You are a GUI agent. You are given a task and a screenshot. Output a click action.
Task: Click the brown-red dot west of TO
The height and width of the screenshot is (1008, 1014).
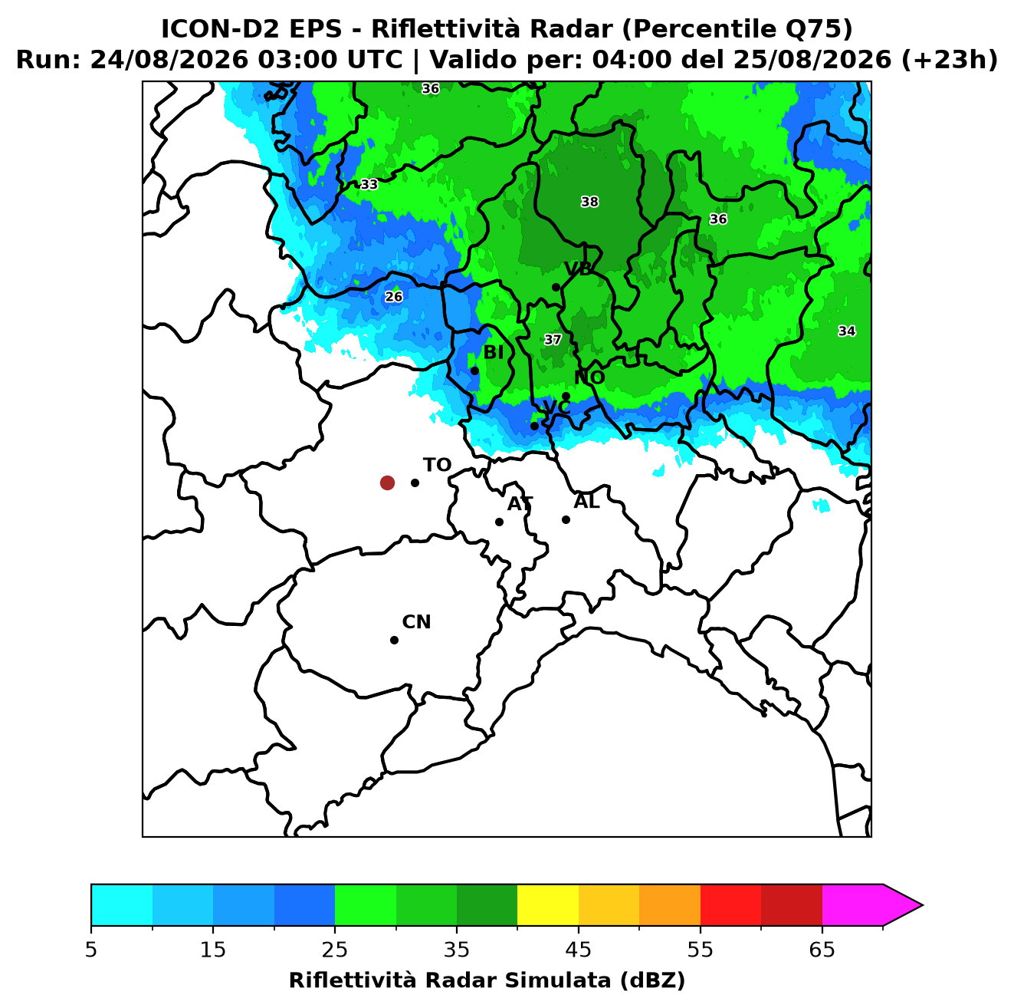point(387,482)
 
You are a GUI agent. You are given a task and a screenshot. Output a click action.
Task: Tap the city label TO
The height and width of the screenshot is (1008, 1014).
point(437,465)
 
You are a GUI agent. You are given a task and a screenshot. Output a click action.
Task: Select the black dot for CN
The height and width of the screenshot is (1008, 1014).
point(394,640)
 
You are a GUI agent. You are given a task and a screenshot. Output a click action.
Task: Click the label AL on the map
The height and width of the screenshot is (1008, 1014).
point(586,502)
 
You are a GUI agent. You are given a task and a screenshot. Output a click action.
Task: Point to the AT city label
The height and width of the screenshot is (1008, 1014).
point(520,504)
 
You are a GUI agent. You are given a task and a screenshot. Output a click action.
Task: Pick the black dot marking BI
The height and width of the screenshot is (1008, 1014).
point(474,371)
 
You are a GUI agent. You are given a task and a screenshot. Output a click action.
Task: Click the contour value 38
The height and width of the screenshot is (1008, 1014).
point(589,202)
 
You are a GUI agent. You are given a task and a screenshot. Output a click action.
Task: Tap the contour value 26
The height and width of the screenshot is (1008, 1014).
point(394,297)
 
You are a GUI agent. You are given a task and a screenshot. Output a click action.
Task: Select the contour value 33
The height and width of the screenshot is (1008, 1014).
point(369,184)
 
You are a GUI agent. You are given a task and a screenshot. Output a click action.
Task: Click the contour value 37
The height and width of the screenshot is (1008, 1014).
point(553,340)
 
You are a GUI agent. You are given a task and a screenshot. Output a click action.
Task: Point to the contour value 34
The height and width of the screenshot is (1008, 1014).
point(847,331)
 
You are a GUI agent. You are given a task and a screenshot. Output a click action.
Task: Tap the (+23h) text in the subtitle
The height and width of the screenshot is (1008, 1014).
point(950,60)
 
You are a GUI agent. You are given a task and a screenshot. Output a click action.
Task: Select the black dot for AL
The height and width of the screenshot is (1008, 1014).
point(566,519)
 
